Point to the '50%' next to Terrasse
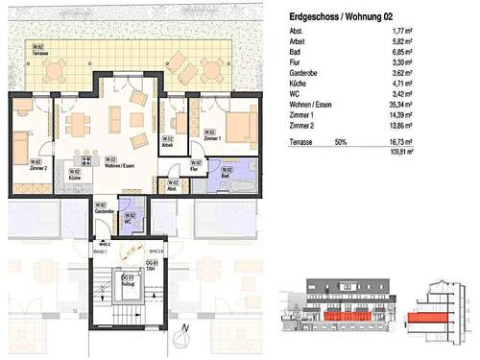point(340,140)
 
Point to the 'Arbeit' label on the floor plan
point(167,147)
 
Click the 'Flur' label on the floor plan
point(196,167)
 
